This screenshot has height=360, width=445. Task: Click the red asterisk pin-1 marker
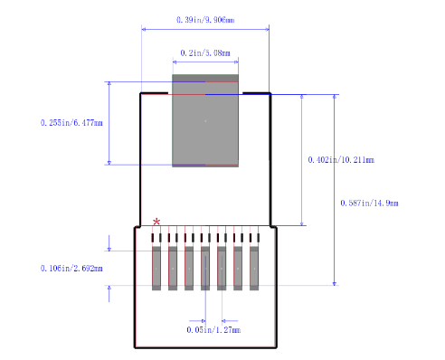tap(157, 222)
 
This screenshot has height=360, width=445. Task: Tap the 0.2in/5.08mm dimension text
tap(205, 53)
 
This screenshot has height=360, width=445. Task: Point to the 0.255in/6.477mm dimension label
tap(72, 123)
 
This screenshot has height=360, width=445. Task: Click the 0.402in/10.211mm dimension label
tap(341, 159)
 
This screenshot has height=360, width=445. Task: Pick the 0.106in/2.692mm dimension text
tap(72, 269)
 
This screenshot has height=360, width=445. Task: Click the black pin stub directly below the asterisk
tap(156, 237)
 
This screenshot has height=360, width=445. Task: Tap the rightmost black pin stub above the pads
tap(254, 237)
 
